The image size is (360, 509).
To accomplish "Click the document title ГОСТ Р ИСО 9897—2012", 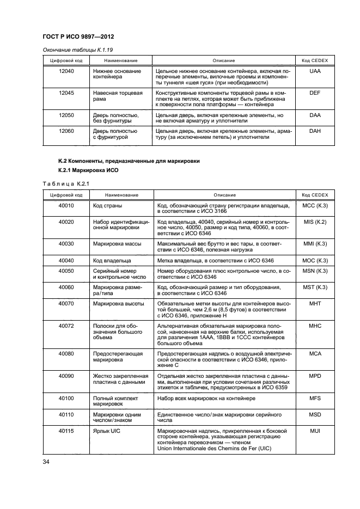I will click(81, 37).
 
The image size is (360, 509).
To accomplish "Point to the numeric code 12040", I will click(66, 71).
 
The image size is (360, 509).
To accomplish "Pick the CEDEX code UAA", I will click(315, 71).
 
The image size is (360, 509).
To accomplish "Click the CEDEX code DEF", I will click(315, 94).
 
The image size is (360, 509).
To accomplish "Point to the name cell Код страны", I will click(107, 206).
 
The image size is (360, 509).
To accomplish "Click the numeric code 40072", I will click(66, 325).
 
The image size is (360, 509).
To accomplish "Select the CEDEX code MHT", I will click(315, 303).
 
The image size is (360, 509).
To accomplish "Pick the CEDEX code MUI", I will click(315, 431).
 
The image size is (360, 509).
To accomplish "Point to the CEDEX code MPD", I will click(315, 376).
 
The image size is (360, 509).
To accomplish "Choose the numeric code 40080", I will click(66, 354).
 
